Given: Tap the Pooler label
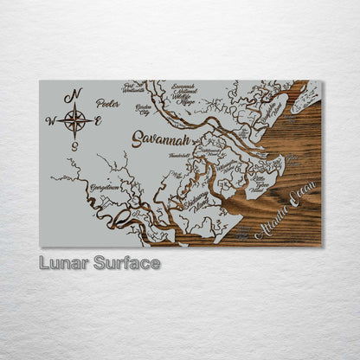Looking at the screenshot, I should pos(108,102).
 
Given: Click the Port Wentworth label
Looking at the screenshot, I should pos(134,87).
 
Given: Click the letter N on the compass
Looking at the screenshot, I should pos(75,94).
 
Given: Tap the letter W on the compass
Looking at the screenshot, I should pos(50,121).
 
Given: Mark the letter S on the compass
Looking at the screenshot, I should pos(74,145).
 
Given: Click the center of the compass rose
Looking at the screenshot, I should pos(74,120).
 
